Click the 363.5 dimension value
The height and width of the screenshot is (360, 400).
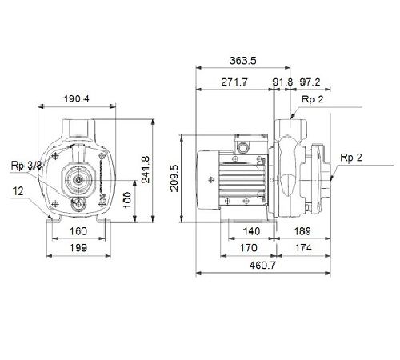(242, 61)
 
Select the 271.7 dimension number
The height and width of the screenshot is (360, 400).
(234, 82)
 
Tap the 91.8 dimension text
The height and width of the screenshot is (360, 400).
(282, 82)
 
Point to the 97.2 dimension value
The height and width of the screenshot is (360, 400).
(310, 82)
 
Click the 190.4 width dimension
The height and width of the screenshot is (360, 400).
(77, 99)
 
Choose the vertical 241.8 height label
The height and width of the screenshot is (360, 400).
(146, 170)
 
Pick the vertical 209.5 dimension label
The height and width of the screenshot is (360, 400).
(174, 178)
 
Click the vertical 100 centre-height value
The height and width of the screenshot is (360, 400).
(127, 200)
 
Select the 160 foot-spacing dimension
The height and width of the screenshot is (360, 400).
(78, 231)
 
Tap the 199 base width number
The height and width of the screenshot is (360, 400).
(78, 248)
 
